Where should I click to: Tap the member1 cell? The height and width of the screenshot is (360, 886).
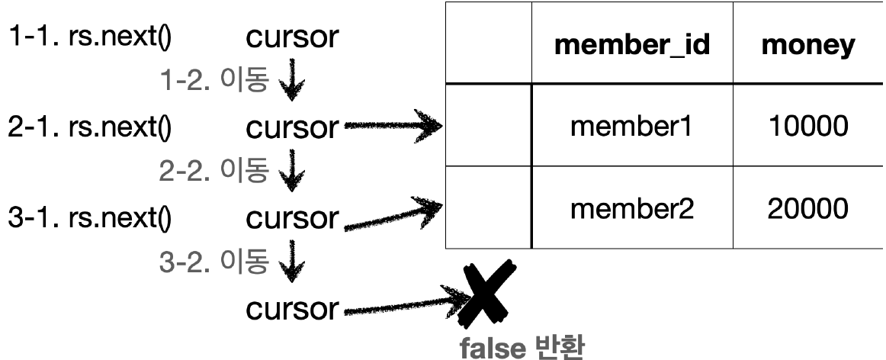click(x=632, y=126)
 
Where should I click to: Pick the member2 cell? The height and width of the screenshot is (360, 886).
click(x=632, y=208)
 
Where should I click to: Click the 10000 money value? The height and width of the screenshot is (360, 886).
click(x=807, y=126)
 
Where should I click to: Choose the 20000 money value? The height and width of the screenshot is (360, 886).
click(x=807, y=208)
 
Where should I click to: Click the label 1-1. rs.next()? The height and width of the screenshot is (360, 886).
click(x=90, y=38)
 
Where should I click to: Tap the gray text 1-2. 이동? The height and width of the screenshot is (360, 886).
click(x=214, y=82)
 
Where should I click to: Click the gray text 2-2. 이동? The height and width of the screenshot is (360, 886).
click(x=214, y=172)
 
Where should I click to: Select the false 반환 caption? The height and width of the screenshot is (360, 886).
click(x=522, y=348)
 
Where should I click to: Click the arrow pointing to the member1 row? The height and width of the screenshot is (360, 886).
click(x=392, y=127)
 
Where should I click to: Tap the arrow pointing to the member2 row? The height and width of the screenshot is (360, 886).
click(x=392, y=214)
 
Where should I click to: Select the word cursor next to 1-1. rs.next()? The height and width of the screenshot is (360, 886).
click(x=291, y=38)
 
